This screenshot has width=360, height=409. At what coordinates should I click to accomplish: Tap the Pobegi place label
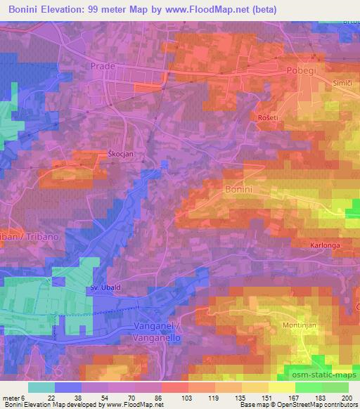(x=303, y=71)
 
